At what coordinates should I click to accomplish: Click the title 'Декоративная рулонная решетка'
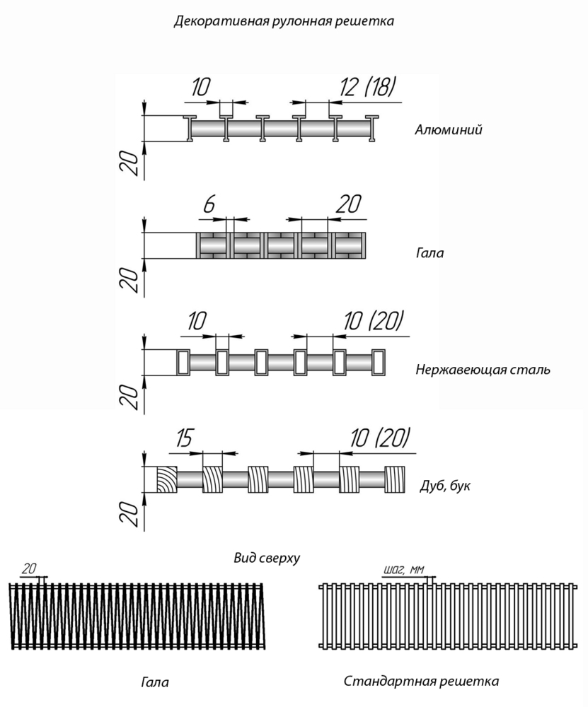coord(284,21)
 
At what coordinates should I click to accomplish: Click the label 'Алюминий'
coord(449,130)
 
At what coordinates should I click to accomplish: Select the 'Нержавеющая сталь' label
coord(483,370)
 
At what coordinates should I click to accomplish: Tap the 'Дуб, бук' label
coord(445,486)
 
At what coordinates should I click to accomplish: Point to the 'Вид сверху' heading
coord(267,559)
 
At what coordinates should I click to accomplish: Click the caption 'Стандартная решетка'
coord(422,681)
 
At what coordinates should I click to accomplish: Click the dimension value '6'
coord(209,205)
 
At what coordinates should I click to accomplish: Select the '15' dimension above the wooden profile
coord(184,439)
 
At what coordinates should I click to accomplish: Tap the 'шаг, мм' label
coord(404,570)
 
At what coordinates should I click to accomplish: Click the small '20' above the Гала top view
coord(28,569)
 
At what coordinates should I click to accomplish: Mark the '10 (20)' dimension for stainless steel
coord(372,321)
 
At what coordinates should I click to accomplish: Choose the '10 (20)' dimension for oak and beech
coord(379,438)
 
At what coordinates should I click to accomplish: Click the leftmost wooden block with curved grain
coord(167,479)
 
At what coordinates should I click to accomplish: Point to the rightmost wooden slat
coord(395,479)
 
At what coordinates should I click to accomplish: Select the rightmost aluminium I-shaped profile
coord(372,129)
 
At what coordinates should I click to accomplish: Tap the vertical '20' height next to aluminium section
coord(129,163)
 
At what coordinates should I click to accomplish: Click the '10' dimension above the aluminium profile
coord(200,87)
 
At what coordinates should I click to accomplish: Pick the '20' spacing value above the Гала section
coord(348,204)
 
